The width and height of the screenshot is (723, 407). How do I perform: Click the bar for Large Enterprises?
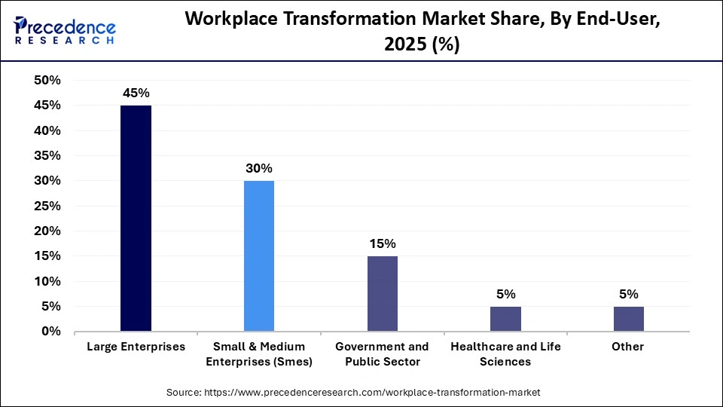click(136, 219)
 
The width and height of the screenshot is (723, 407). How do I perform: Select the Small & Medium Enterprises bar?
click(259, 256)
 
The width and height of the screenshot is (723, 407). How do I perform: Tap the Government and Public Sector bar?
click(383, 294)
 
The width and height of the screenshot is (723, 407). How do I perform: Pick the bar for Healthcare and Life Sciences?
click(505, 319)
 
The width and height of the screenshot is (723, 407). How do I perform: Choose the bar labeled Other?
click(629, 319)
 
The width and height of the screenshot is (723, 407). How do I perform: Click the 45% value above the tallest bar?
click(136, 93)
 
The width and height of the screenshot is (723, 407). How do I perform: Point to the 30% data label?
click(259, 169)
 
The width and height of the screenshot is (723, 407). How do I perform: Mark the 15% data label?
click(383, 244)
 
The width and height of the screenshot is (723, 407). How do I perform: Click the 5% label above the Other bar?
click(629, 294)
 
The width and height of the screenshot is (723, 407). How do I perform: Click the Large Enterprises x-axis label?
click(136, 347)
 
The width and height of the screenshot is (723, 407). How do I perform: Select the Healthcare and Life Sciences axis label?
click(505, 353)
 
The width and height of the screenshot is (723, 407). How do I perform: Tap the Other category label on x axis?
click(629, 347)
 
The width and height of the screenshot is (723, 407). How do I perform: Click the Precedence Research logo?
click(64, 31)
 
